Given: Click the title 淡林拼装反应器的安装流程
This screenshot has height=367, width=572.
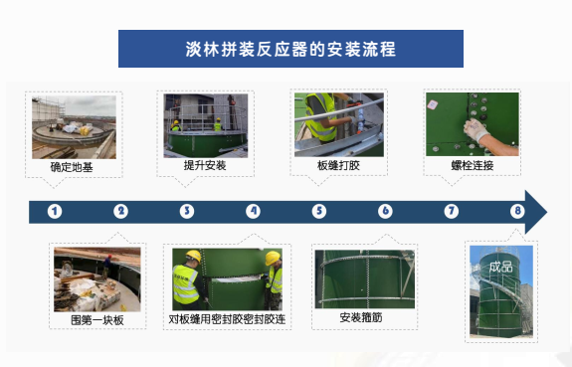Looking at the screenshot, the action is (290, 50).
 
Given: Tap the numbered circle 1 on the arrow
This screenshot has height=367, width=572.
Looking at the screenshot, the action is (55, 211).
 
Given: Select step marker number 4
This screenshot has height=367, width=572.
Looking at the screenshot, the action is (253, 211).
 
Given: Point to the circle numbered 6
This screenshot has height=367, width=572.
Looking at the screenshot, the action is (385, 211).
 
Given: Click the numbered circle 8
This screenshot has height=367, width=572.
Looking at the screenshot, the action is (517, 211).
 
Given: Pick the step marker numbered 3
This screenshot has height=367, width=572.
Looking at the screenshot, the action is (187, 211).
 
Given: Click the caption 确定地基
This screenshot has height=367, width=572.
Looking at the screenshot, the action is (72, 167).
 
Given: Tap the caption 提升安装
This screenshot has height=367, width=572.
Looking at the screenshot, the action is (205, 165).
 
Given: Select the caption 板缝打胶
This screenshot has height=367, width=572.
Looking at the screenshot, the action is (338, 165).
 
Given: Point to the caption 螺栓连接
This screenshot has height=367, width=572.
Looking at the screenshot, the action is (473, 165).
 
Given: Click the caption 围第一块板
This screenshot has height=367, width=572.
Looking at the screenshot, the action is (97, 320).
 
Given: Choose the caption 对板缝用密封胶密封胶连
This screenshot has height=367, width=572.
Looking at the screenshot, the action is (227, 319).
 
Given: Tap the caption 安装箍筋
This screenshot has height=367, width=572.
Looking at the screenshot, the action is (361, 317).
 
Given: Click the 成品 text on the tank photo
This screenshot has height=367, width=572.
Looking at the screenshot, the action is (500, 267).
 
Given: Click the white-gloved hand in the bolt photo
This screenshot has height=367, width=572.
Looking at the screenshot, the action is (476, 129).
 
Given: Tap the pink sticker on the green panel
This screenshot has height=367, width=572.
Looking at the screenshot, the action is (433, 104).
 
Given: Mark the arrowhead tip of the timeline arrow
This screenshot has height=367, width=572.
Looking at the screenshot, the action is (547, 212).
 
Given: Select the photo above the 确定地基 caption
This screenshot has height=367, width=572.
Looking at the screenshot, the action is (74, 127).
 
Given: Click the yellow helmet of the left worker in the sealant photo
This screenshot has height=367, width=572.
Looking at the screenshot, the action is (193, 256).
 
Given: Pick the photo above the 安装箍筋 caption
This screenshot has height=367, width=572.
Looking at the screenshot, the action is (365, 279).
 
